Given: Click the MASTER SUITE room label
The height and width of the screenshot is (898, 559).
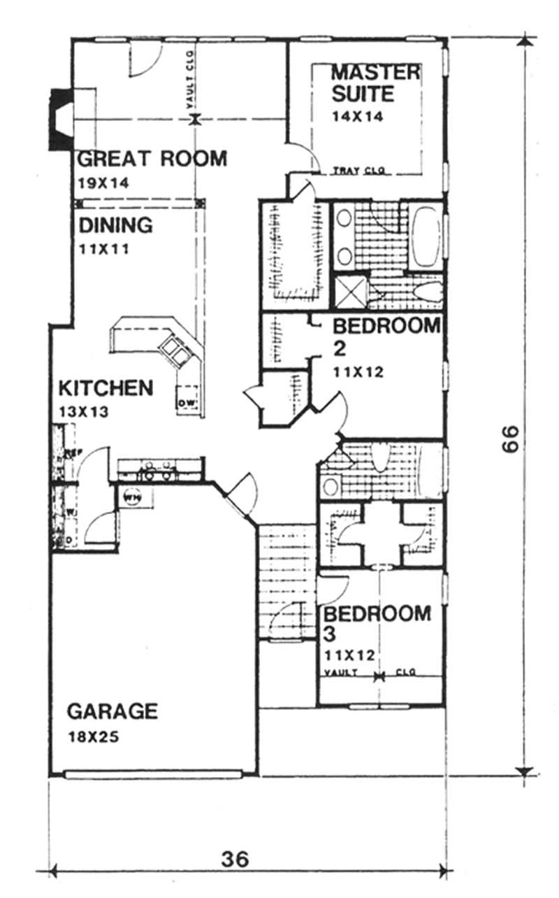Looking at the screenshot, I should (375, 83).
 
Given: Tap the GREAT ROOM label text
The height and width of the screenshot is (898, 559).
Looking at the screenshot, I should (152, 159).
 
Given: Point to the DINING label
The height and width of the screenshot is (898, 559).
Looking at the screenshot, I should (115, 226).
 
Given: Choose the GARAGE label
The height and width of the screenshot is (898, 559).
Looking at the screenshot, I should (112, 711).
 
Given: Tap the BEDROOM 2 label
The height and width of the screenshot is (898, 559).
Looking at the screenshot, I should (386, 336).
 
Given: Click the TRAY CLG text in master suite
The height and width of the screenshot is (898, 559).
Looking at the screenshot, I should (359, 170).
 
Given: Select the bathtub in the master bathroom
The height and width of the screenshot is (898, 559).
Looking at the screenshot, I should (424, 236).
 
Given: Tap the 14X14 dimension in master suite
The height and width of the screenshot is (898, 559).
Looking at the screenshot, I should (357, 117).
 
